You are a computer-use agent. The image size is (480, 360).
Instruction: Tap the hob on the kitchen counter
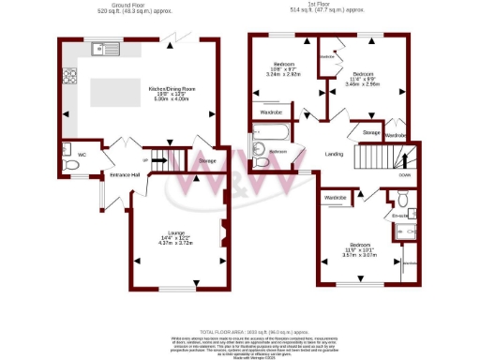67,77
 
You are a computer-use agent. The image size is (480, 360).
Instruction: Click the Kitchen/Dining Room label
169,89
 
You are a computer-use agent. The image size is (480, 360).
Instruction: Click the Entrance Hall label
125,175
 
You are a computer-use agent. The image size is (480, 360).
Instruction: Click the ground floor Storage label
206,161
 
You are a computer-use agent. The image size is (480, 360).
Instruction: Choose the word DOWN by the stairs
404,174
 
